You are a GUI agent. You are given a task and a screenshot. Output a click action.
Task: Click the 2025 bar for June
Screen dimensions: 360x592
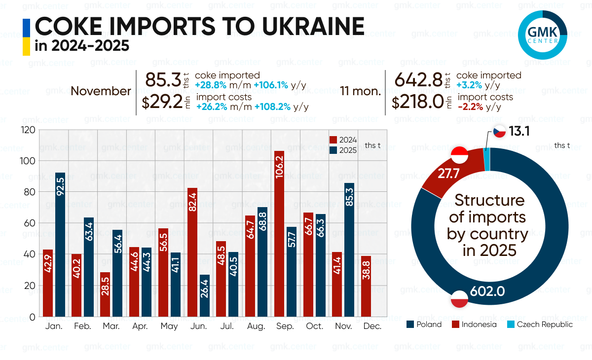tap(205, 295)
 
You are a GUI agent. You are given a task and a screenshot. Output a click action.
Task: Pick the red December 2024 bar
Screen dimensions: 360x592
tap(366, 286)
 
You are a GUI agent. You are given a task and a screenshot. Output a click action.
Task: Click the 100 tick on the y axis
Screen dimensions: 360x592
tap(29, 161)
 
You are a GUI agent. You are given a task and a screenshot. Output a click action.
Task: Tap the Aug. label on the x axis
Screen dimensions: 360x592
tap(257, 326)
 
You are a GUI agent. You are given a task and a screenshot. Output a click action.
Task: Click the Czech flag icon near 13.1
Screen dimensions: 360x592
tap(499, 131)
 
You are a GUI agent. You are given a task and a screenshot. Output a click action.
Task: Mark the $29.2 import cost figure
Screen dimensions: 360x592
tap(162, 103)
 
